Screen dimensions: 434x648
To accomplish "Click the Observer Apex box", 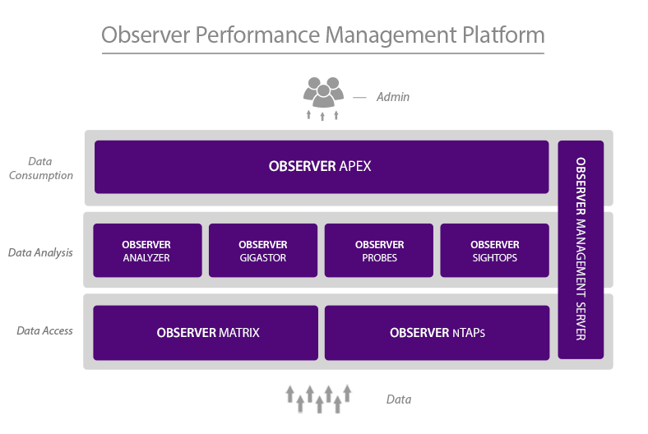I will pos(321,167).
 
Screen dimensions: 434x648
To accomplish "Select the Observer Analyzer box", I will pos(147,250).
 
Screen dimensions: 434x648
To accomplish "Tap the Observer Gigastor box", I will pos(262,250).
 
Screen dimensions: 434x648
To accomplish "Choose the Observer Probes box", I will pos(379,250).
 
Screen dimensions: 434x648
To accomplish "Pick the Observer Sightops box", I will pos(494,250).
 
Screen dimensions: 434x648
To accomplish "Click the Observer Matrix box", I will pos(206,333).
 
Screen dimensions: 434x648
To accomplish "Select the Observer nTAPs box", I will pos(437,333).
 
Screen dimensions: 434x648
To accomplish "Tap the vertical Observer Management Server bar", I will pos(581,249).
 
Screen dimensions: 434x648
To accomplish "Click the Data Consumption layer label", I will pos(40,169).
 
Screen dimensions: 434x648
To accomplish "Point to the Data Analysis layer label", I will pos(40,252).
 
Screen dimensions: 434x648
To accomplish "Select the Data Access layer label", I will pos(44,330).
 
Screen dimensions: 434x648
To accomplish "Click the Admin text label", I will pos(392,97).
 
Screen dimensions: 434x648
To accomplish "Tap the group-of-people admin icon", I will pos(322,91).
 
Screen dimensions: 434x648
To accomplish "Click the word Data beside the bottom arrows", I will pos(398,399).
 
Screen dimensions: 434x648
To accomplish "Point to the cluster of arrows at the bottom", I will pos(319,398).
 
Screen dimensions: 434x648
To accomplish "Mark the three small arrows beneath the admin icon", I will pos(322,115).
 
